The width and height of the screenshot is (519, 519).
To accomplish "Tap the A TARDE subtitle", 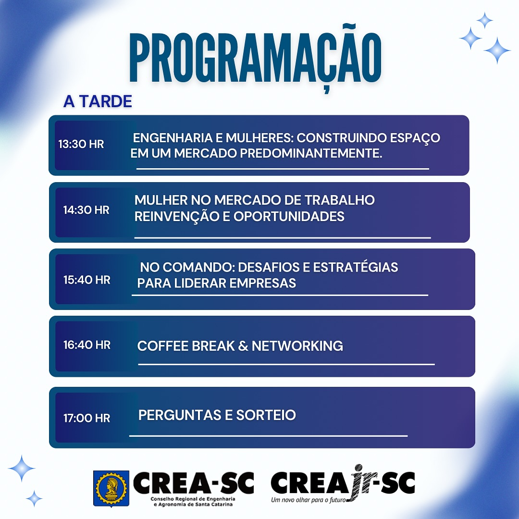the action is pyautogui.click(x=98, y=101).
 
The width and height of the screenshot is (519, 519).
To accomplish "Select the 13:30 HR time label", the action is pyautogui.click(x=81, y=144).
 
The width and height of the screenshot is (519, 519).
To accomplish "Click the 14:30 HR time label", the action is pyautogui.click(x=86, y=210).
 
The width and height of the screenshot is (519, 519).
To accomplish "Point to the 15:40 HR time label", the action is pyautogui.click(x=86, y=280).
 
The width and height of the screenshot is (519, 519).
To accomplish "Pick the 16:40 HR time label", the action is pyautogui.click(x=86, y=345).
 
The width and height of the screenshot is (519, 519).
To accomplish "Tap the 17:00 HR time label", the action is pyautogui.click(x=86, y=418).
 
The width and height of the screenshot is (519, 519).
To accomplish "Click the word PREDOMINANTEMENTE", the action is pyautogui.click(x=311, y=153).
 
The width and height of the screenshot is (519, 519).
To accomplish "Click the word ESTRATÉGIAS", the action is pyautogui.click(x=355, y=267).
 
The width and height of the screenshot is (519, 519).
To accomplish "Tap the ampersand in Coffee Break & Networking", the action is pyautogui.click(x=243, y=346).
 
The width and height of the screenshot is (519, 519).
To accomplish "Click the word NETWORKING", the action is pyautogui.click(x=297, y=346).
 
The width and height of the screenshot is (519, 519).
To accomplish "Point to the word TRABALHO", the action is pyautogui.click(x=339, y=200).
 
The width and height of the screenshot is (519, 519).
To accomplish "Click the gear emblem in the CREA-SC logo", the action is pyautogui.click(x=111, y=488).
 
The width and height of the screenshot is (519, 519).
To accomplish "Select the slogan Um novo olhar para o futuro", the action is pyautogui.click(x=308, y=500).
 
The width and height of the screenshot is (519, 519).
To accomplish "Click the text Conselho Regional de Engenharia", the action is pyautogui.click(x=193, y=499).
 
